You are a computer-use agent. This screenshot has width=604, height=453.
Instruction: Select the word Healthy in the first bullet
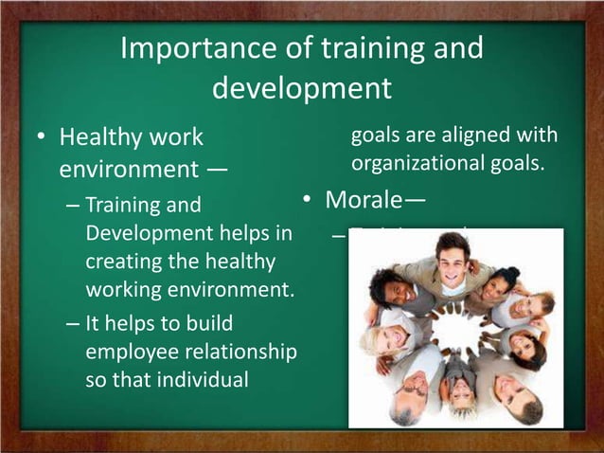102,137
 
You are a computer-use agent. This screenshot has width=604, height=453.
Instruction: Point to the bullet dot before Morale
307,201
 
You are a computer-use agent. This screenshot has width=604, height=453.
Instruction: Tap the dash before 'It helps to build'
73,322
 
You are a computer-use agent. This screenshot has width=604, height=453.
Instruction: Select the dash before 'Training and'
73,205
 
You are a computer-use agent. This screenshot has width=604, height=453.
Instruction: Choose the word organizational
422,163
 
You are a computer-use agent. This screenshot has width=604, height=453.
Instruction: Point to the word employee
126,352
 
